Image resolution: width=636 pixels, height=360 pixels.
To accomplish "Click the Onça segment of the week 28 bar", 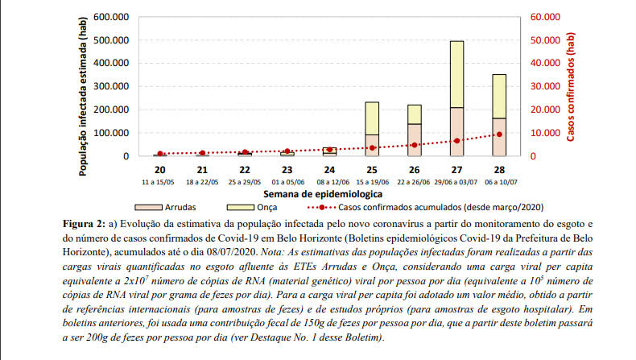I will click(498, 97).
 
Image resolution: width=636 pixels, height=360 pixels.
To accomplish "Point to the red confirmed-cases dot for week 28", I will click(498, 134).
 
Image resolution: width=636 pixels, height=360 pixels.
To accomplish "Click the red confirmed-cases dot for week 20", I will click(160, 154).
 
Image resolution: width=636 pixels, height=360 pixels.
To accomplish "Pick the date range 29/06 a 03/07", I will click(456, 182).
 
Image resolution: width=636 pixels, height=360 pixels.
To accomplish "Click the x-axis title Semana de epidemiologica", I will click(328, 194).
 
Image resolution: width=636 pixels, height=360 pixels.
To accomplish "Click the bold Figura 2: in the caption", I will click(85, 222).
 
